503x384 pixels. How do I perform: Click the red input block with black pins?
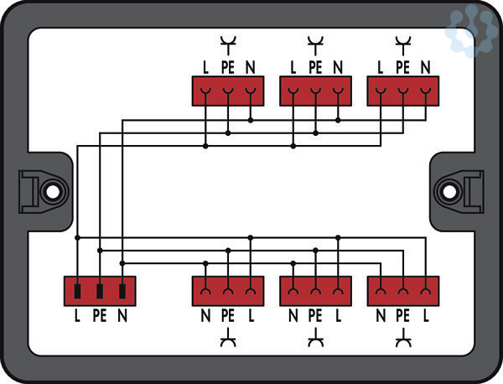click(100, 291)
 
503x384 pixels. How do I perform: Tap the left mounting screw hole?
click(52, 190)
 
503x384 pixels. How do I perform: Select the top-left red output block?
click(228, 91)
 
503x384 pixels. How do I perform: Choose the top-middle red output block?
click(315, 91)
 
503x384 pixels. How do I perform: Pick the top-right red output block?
click(403, 91)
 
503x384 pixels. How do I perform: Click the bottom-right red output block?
click(403, 291)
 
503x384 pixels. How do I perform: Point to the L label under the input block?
click(77, 317)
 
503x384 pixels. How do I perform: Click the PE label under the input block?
click(100, 317)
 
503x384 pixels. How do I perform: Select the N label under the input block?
click(122, 317)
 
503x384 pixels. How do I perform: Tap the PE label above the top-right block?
click(403, 67)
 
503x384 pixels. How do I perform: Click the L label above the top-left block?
click(205, 67)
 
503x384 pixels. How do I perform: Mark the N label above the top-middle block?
click(338, 67)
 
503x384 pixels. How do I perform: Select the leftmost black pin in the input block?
click(77, 292)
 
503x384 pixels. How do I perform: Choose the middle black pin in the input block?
click(100, 292)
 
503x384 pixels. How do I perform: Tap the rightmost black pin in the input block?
click(122, 292)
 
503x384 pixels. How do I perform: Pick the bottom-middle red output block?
click(315, 291)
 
